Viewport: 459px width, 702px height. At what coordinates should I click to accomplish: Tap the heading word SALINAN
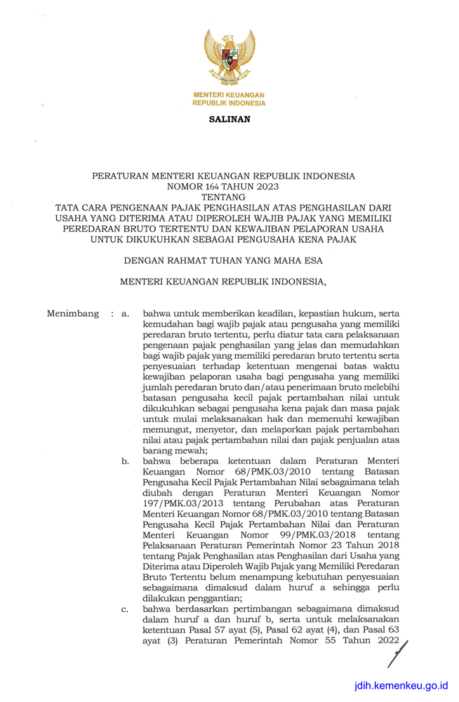[x=229, y=119]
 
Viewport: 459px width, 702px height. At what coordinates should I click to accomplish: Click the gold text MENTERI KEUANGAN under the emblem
[x=229, y=95]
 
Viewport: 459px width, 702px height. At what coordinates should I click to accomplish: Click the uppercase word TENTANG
[x=229, y=197]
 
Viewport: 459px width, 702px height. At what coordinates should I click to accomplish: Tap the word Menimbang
[x=72, y=314]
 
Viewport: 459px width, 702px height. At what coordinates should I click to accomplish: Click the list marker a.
[x=126, y=314]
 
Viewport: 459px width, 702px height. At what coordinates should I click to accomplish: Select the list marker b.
[x=126, y=461]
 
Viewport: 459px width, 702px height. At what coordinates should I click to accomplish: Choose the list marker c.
[x=126, y=609]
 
